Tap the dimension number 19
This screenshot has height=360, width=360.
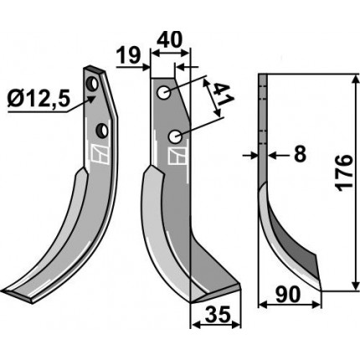tap(128, 55)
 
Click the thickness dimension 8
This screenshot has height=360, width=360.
tap(301, 153)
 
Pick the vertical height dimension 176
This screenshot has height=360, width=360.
tap(344, 173)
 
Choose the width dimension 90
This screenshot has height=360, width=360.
tap(288, 295)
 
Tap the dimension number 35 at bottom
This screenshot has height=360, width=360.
tap(219, 314)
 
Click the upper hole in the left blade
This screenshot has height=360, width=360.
tap(92, 84)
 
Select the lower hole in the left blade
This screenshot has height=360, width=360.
tap(102, 130)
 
